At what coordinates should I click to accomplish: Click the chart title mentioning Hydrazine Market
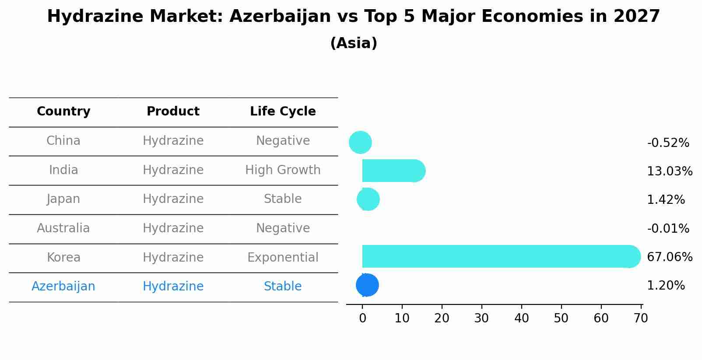tap(353, 17)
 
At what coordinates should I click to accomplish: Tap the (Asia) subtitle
tap(353, 43)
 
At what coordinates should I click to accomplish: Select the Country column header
tap(63, 112)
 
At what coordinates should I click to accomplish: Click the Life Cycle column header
tap(283, 112)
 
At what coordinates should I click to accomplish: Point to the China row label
tap(63, 141)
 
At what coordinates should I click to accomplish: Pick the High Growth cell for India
tap(283, 170)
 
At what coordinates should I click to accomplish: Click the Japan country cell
tap(63, 199)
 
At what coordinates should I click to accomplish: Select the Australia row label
tap(63, 228)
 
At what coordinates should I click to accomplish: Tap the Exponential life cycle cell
tap(283, 258)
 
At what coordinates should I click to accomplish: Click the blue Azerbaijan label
tap(63, 287)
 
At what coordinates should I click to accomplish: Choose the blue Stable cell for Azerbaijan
tap(283, 287)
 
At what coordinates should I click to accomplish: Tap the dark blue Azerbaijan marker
tap(367, 285)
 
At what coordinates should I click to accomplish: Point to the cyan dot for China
tap(360, 142)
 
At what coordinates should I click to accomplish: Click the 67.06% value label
tap(669, 257)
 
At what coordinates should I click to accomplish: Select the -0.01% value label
tap(668, 229)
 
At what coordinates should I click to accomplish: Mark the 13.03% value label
tap(669, 171)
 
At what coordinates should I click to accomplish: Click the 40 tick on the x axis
tap(521, 318)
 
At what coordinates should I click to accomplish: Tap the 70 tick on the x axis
tap(641, 318)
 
